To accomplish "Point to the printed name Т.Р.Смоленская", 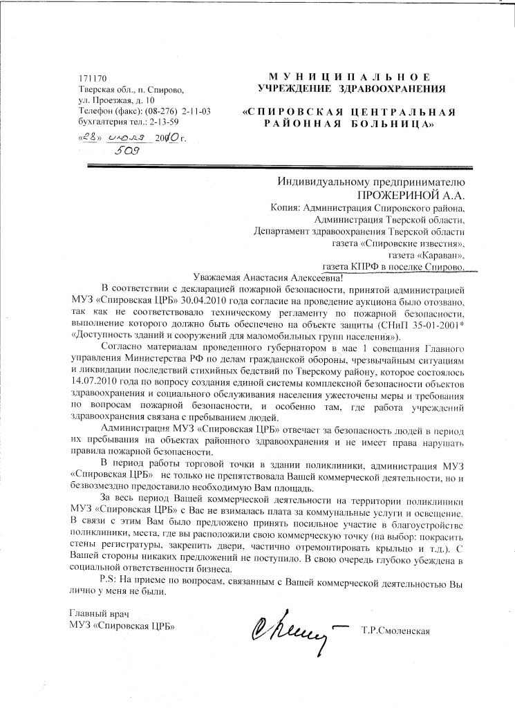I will click(x=395, y=630).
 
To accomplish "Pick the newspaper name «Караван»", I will click(x=436, y=255).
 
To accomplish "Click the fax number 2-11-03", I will click(x=196, y=111).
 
